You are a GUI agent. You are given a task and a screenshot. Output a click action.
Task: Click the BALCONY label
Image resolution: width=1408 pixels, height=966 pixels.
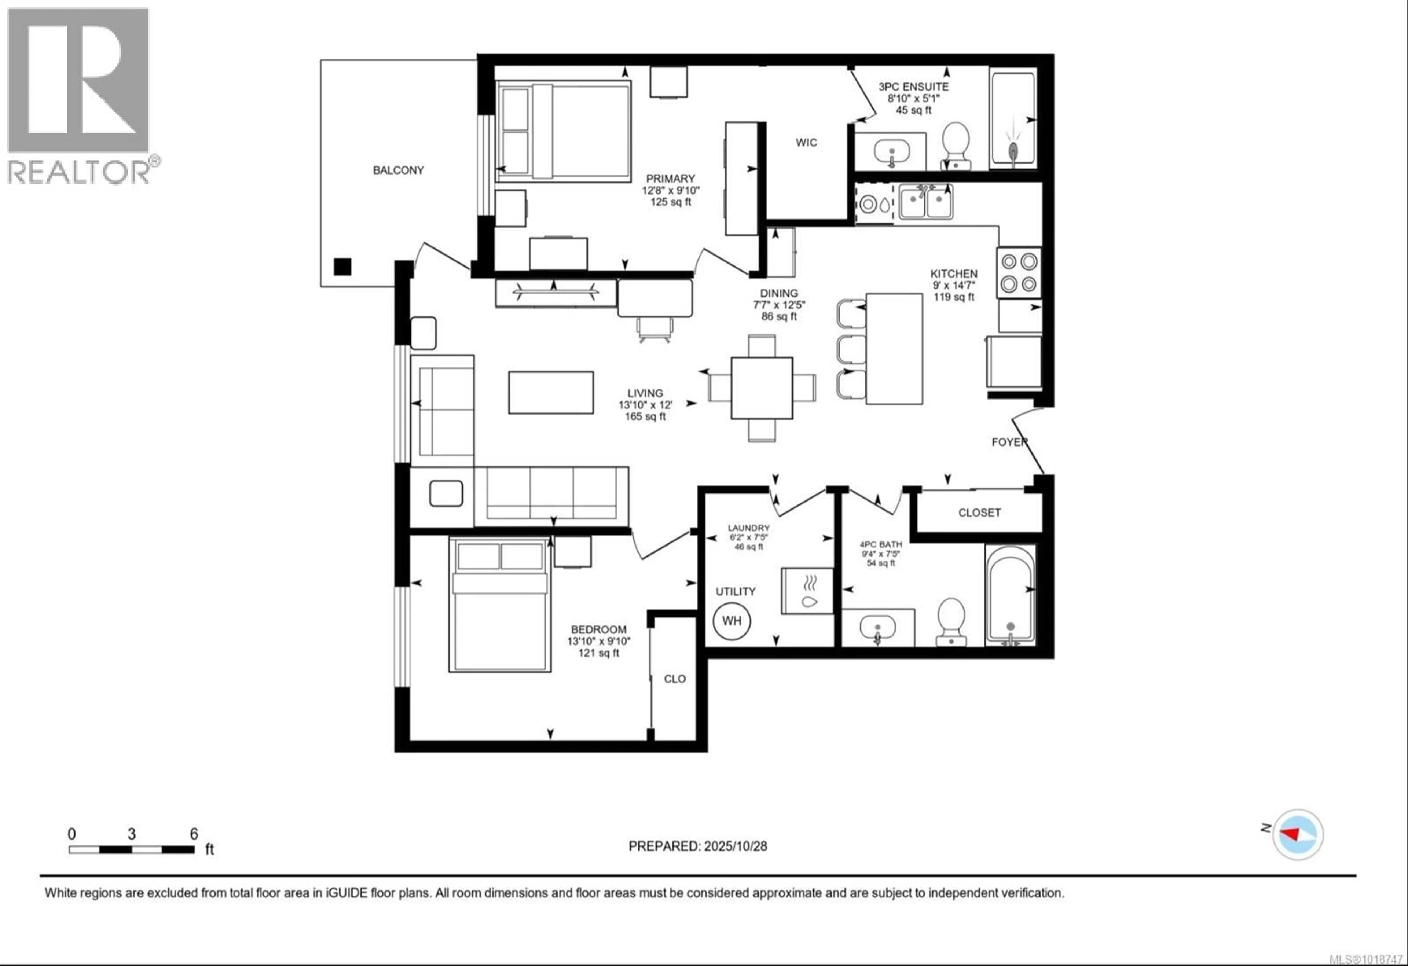click(398, 170)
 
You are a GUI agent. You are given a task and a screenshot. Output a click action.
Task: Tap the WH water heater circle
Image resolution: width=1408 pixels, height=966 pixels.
click(732, 621)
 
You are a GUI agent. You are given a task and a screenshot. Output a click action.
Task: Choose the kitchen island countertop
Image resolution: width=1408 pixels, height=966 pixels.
click(894, 349)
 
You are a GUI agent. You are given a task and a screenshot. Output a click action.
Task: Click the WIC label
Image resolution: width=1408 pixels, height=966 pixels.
click(806, 142)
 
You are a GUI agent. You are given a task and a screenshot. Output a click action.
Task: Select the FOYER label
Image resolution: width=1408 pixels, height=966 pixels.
click(1009, 442)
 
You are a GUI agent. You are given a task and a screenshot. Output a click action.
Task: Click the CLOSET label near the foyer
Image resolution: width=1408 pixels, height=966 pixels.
click(979, 513)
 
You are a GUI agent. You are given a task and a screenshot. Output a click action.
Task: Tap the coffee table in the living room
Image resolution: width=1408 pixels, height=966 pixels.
click(551, 393)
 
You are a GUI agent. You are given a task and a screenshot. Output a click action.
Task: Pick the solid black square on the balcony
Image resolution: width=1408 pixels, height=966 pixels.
click(342, 267)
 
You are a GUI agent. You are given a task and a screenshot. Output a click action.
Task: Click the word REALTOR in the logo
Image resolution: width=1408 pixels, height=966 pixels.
click(79, 172)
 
